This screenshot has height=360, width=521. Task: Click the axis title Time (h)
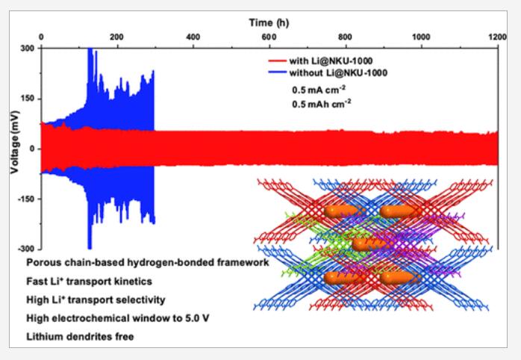(x=269, y=22)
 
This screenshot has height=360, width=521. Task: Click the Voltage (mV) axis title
(x=15, y=142)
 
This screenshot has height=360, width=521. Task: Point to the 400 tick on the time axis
(x=193, y=37)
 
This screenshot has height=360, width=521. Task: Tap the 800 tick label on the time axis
(x=345, y=37)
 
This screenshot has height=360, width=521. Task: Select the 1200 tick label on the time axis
(x=496, y=37)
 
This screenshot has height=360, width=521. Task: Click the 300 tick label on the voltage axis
(x=28, y=49)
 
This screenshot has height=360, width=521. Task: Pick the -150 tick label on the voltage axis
(x=26, y=199)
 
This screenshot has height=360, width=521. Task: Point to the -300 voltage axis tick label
(x=26, y=249)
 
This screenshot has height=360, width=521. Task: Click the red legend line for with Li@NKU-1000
(x=278, y=60)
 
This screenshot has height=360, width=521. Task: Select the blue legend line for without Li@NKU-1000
(x=278, y=72)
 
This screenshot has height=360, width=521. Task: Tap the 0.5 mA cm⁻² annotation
(x=319, y=90)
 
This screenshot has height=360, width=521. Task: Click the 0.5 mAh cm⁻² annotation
(x=321, y=104)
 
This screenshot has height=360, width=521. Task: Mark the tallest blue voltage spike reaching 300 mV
(x=90, y=50)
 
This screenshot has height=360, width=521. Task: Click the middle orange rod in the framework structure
(x=369, y=244)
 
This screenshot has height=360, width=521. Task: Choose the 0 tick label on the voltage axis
(x=32, y=149)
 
